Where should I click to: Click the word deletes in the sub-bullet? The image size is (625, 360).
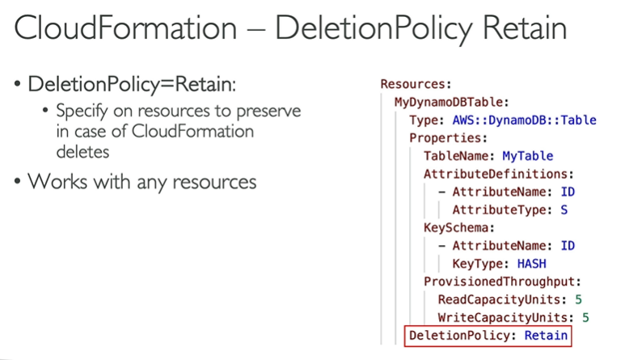click(x=83, y=150)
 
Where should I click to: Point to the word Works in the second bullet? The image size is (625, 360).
click(x=54, y=181)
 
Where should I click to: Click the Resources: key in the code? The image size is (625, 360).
click(x=416, y=84)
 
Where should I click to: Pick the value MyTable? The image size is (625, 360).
click(x=527, y=155)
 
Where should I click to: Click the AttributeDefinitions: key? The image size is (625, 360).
click(x=498, y=174)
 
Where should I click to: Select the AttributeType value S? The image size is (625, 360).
click(x=564, y=210)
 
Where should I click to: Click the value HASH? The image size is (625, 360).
click(x=534, y=263)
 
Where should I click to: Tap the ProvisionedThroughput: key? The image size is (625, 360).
click(x=501, y=281)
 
